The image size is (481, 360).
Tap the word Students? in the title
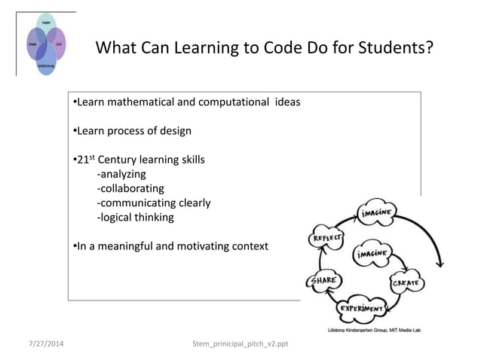click(400, 50)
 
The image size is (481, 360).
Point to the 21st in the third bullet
click(84, 160)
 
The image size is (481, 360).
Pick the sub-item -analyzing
click(121, 174)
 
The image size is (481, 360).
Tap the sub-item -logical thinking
click(135, 217)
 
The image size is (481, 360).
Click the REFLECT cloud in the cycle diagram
click(323, 239)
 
